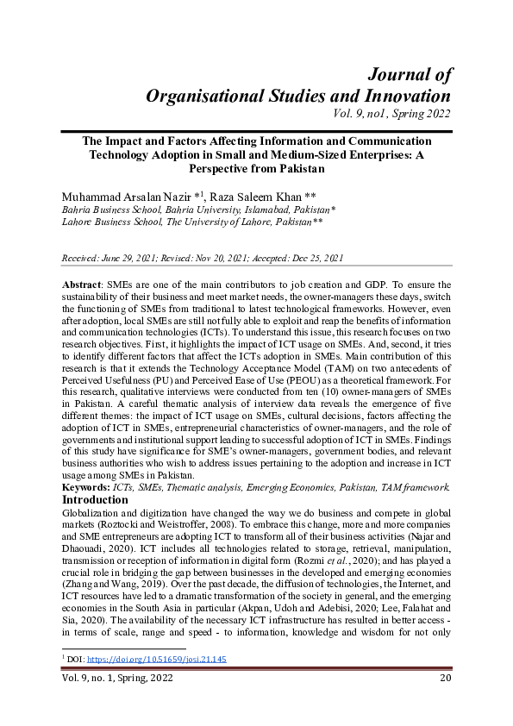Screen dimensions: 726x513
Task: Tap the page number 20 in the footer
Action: tap(445, 679)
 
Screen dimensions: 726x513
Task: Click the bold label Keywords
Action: tap(86, 487)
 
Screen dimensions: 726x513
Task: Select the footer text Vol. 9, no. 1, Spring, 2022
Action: tap(116, 679)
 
